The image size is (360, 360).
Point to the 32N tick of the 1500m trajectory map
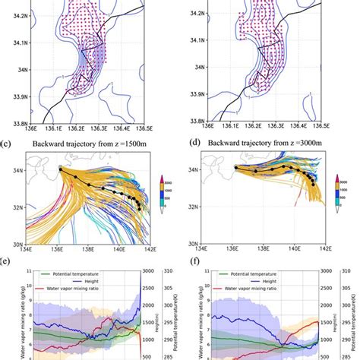(x=16, y=206)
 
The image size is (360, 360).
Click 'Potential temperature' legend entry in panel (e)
(x=71, y=272)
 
